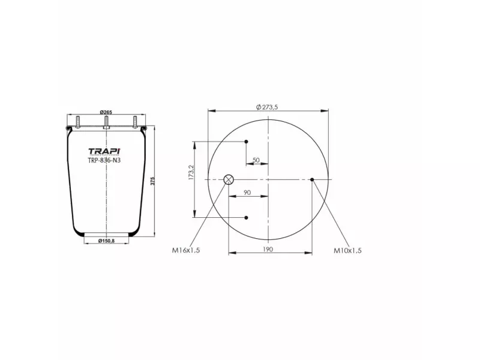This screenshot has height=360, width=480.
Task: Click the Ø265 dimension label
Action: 106,112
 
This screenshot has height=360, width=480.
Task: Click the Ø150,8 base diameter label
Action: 106,241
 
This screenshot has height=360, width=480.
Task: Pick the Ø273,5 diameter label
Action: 267,107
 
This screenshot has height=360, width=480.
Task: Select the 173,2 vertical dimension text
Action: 191,173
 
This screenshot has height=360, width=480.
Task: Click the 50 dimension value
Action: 256,160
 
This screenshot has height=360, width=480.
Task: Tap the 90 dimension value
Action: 247,193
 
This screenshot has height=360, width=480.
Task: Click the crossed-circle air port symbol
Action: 229,179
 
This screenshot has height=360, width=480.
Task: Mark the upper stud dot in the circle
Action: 246,142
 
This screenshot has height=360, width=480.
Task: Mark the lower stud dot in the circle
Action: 246,217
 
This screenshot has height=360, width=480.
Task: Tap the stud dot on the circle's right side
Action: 312,179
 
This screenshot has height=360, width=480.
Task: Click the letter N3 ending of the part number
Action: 117,160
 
